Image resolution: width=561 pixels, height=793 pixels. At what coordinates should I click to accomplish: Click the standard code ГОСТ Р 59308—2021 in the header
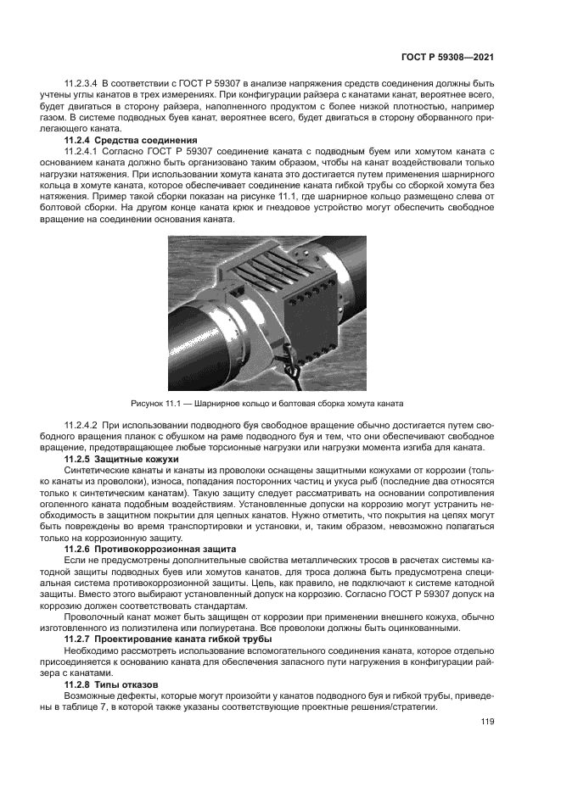point(447,56)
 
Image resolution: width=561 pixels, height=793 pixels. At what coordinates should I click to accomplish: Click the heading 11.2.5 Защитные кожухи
point(122,458)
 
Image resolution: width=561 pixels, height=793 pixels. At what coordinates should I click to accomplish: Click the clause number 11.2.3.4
point(82,83)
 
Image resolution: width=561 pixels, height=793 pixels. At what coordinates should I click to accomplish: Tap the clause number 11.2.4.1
point(82,150)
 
